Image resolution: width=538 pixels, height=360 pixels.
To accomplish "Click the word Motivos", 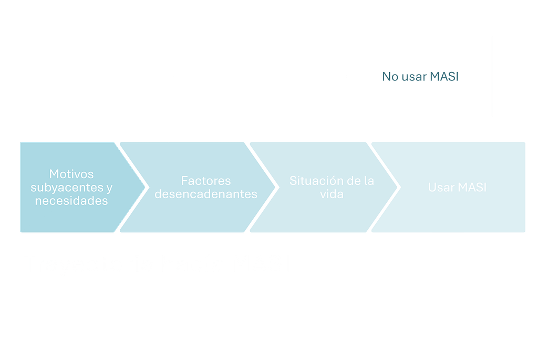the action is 71,174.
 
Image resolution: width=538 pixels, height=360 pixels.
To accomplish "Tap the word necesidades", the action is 71,201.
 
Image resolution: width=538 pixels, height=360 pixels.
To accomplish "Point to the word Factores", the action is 206,180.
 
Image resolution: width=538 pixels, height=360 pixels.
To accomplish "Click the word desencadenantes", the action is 206,194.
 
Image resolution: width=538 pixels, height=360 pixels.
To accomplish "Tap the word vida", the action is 332,194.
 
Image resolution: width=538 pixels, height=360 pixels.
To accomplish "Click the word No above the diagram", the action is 390,77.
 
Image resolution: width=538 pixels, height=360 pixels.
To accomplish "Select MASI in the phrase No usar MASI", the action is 444,77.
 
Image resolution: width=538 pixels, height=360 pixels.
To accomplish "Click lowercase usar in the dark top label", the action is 414,77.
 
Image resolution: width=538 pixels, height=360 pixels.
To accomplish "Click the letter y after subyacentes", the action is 109,189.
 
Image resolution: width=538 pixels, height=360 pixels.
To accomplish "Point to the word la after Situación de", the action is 369,180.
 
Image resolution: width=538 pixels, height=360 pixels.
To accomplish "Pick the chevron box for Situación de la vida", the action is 324,188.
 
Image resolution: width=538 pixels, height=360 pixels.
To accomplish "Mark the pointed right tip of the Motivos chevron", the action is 145,188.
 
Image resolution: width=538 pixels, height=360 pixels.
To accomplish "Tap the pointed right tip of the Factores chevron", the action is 275,188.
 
